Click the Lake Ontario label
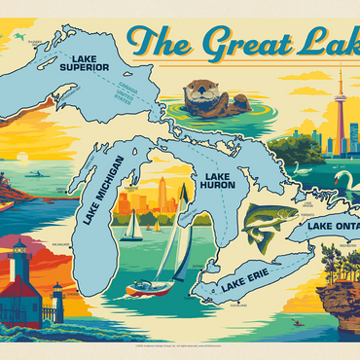(x=330, y=227)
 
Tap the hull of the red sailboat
(x=152, y=287)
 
